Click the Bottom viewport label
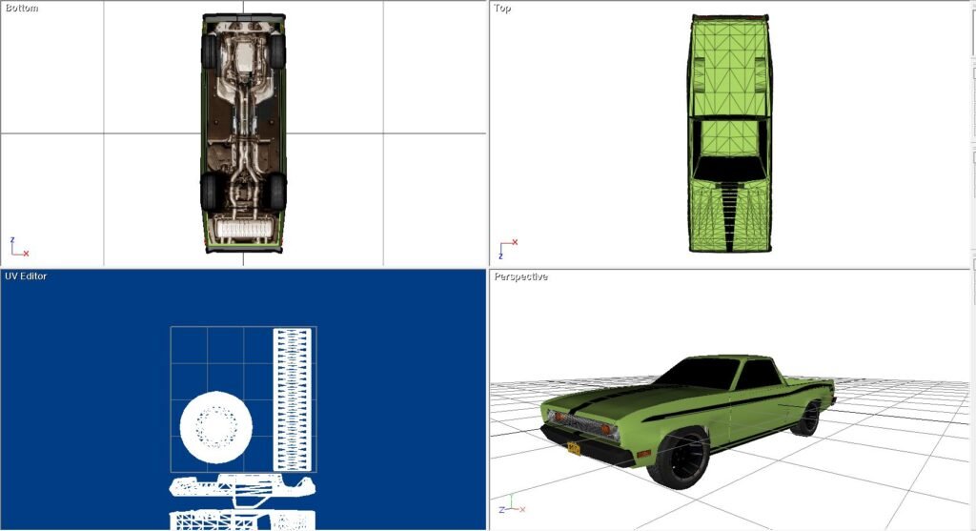point(22,8)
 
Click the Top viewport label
point(502,8)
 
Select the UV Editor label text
point(26,276)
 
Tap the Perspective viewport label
point(521,276)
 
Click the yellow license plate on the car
point(574,447)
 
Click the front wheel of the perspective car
point(680,459)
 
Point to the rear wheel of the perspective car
point(806,419)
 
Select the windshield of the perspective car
point(697,373)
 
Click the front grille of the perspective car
point(578,423)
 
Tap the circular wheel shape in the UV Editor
point(216,427)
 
